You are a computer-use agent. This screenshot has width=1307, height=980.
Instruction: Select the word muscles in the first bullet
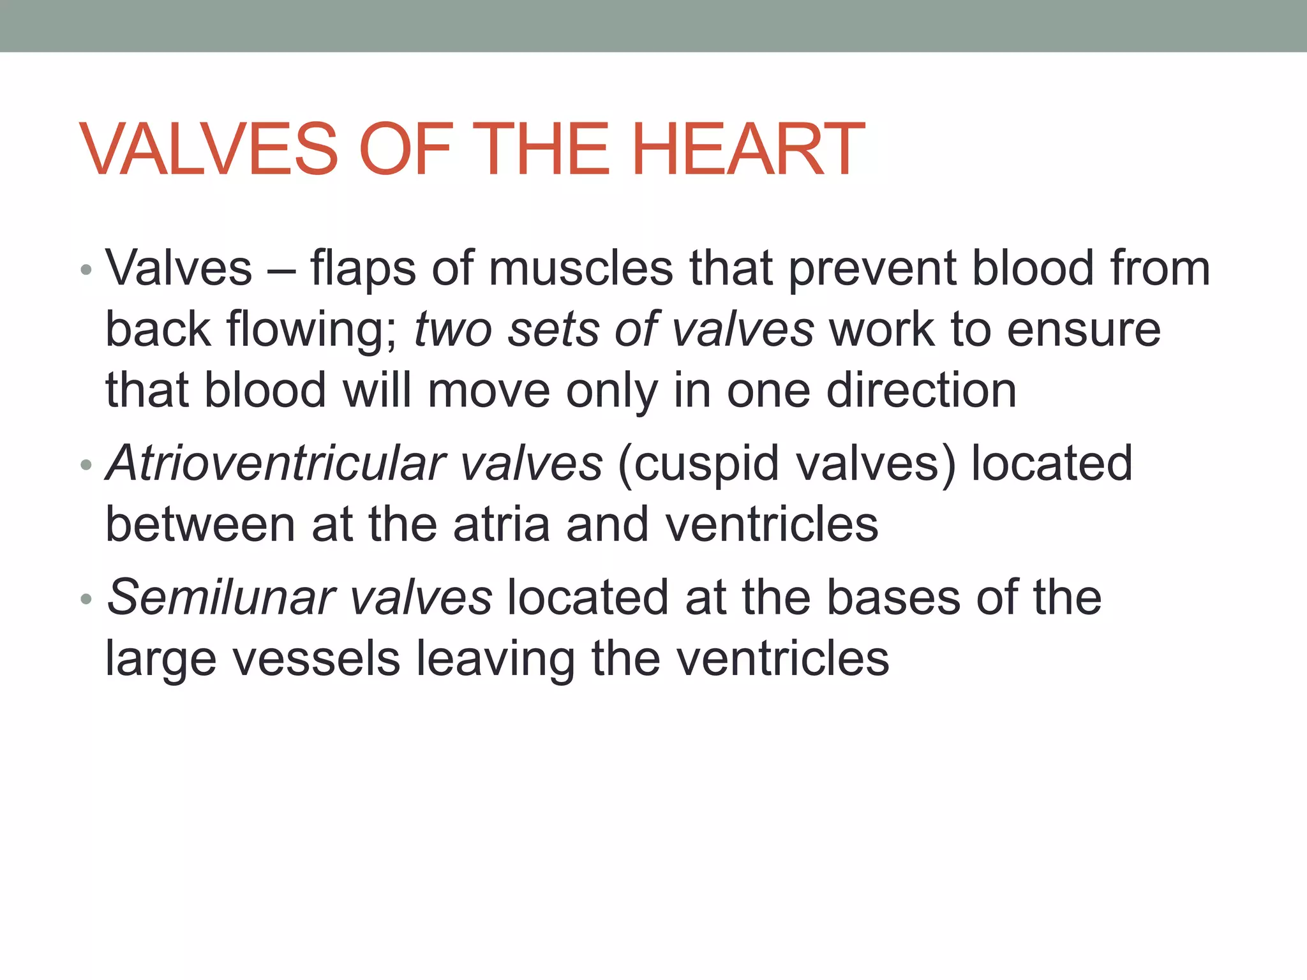click(x=581, y=268)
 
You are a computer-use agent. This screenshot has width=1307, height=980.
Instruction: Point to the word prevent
click(x=872, y=268)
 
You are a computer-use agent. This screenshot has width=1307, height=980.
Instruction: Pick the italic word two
click(x=452, y=329)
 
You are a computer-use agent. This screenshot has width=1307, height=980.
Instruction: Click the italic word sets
click(x=553, y=329)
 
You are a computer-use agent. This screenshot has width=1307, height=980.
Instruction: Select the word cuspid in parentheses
click(x=699, y=463)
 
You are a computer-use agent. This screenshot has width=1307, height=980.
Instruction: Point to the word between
click(x=200, y=524)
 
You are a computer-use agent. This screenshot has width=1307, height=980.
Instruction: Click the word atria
click(x=502, y=524)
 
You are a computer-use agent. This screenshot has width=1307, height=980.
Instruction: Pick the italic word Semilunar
click(x=221, y=598)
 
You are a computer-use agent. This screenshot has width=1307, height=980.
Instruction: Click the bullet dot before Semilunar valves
click(x=87, y=600)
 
